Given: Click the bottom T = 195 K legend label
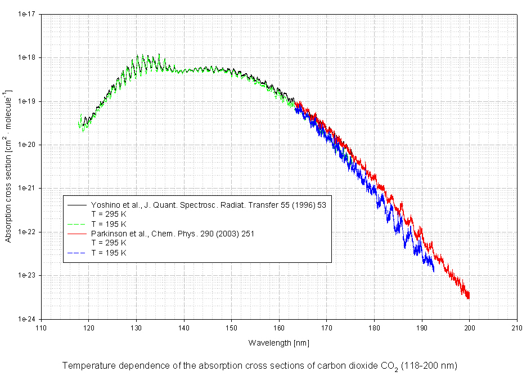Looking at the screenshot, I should coord(109,253).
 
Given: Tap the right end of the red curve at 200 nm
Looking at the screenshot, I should coord(469,297).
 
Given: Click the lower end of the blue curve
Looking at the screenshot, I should coord(433,270).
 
